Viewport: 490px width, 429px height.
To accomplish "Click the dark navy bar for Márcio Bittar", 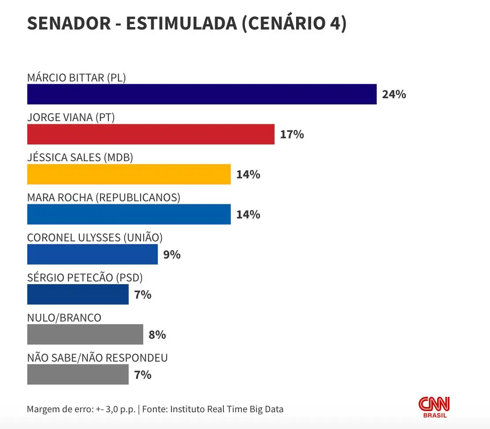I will (x=202, y=94).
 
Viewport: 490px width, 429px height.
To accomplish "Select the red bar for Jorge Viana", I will (x=151, y=134).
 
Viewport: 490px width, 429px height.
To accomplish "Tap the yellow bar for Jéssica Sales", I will (x=129, y=174).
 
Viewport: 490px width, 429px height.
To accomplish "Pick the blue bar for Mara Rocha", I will (x=129, y=214).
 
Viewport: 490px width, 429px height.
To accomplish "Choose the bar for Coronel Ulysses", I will (x=92, y=255).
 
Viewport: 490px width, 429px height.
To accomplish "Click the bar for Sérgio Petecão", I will (x=78, y=294).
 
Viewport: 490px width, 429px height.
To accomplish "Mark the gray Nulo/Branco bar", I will (x=85, y=334).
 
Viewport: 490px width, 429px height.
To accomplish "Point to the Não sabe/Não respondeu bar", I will (x=78, y=374).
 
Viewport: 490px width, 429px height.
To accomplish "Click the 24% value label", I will (x=394, y=94).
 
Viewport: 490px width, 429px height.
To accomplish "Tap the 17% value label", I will (x=292, y=134).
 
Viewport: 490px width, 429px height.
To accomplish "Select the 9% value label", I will (x=172, y=255).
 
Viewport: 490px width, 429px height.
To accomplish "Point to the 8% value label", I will (x=157, y=335).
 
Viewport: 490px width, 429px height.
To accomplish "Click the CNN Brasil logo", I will (x=434, y=407).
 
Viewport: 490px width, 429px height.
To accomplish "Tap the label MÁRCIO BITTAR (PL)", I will (x=77, y=78).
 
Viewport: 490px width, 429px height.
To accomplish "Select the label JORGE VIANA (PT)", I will (x=71, y=118).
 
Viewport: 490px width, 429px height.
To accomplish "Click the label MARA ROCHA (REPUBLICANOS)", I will (x=104, y=198).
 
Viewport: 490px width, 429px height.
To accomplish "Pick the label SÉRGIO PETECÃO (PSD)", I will (x=85, y=278).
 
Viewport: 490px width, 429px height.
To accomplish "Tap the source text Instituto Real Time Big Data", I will (x=226, y=409).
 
